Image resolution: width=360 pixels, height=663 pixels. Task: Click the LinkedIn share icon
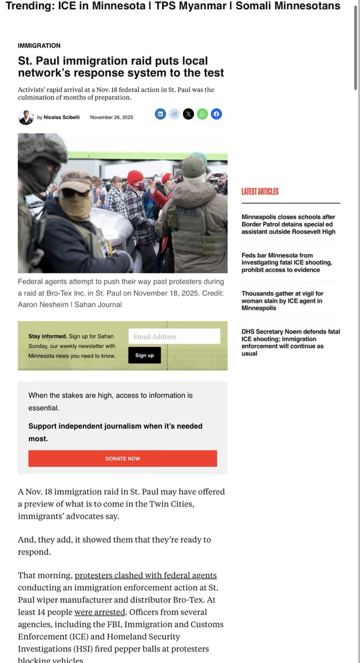click(x=160, y=114)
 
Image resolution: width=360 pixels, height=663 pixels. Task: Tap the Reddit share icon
click(x=174, y=114)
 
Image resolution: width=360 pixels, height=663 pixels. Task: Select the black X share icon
click(x=188, y=114)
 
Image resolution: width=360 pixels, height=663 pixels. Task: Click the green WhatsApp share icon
click(x=203, y=114)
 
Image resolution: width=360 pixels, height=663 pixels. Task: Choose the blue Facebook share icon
click(x=216, y=114)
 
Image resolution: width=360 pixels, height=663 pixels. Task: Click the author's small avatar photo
click(x=25, y=117)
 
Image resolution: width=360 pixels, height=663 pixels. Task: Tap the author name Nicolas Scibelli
click(x=61, y=117)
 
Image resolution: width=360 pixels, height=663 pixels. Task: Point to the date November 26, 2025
click(x=112, y=117)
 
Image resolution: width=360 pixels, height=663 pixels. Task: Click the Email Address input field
click(x=174, y=336)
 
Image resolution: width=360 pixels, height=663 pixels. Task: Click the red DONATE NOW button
click(x=123, y=459)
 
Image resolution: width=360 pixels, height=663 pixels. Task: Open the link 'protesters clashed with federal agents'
click(x=146, y=575)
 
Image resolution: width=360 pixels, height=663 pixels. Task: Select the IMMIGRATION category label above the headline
click(x=39, y=45)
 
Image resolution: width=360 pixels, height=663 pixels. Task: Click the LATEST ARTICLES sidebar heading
click(x=260, y=192)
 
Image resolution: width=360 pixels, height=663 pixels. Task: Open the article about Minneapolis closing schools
click(x=288, y=224)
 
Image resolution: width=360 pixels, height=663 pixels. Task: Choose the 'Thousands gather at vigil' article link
click(x=282, y=301)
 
